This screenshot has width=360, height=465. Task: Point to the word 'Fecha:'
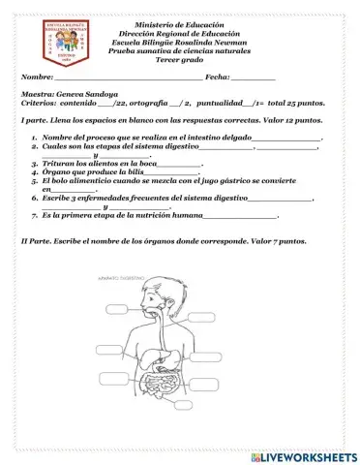[x=210, y=77]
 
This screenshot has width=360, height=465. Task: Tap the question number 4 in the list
[x=33, y=171]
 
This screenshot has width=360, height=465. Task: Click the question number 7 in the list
[x=33, y=214]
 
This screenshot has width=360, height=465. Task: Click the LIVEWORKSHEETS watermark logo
[x=303, y=455]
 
